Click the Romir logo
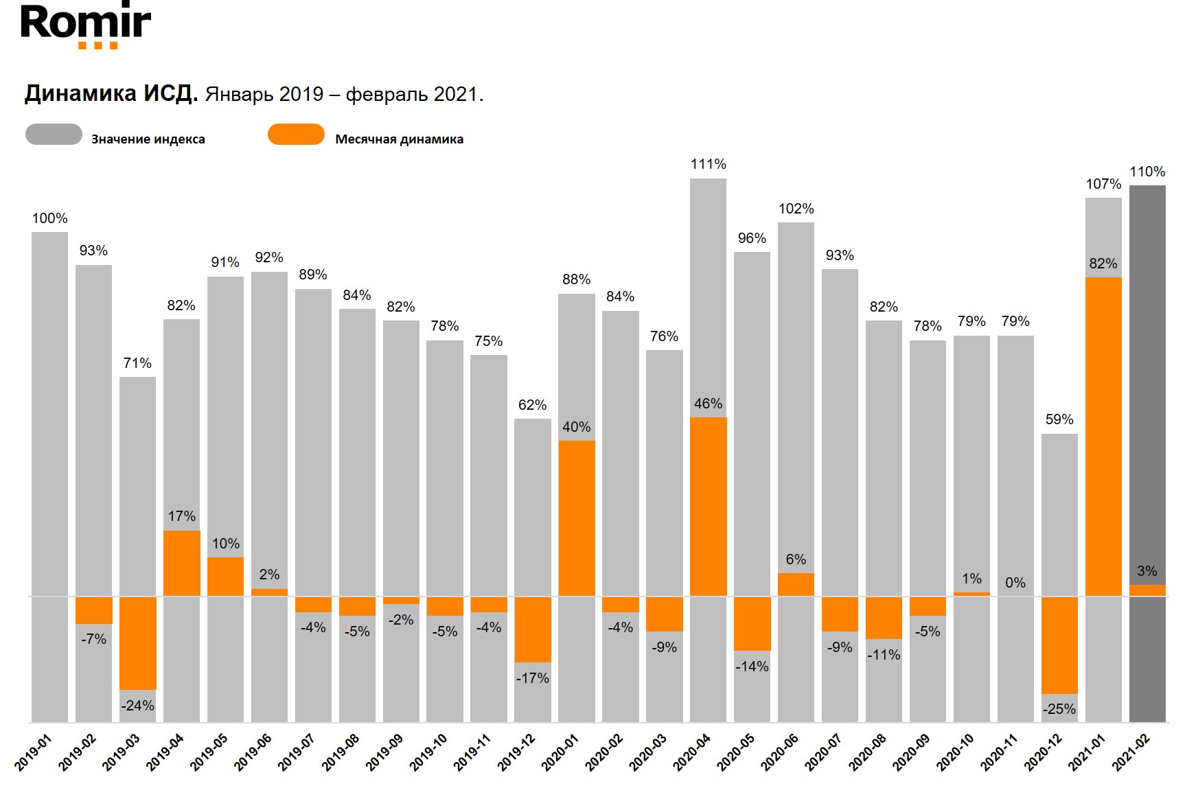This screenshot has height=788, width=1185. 86,25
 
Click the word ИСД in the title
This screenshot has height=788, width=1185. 170,93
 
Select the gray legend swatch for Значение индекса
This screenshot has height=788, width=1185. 54,135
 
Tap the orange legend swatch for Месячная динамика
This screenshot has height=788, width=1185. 296,135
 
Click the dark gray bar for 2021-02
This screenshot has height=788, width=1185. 1147,384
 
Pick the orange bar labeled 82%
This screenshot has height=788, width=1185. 1103,437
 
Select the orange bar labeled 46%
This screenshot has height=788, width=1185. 708,507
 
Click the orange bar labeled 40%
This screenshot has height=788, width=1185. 576,518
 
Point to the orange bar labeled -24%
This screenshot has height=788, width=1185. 137,642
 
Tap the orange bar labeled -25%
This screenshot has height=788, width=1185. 1059,645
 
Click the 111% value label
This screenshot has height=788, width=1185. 708,164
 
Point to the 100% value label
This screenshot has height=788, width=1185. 49,218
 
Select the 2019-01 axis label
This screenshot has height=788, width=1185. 33,752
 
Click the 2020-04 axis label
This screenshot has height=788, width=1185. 691,752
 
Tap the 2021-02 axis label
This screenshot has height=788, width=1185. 1131,752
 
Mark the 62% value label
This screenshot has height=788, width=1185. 532,405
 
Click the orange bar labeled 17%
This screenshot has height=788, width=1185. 181,563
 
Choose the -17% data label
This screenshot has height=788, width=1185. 532,678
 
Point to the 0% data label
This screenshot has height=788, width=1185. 1015,583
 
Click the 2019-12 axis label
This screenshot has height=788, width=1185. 516,752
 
